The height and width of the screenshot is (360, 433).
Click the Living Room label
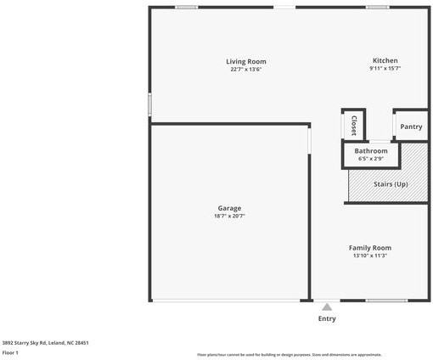click(x=246, y=61)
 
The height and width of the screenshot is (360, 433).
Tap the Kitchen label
click(x=385, y=60)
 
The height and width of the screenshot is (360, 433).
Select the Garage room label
click(x=229, y=208)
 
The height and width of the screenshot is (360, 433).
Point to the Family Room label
click(x=369, y=248)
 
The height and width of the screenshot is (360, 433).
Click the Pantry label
click(x=411, y=127)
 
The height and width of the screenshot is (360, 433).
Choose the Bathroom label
click(x=371, y=150)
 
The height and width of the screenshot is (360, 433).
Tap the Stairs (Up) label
click(x=391, y=184)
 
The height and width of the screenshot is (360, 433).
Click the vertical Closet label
click(x=353, y=126)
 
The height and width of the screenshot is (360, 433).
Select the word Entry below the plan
click(x=327, y=318)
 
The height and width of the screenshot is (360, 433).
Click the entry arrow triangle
click(x=327, y=307)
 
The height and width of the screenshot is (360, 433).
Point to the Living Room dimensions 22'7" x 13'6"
click(x=246, y=69)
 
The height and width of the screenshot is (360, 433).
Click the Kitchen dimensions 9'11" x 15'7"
click(x=385, y=69)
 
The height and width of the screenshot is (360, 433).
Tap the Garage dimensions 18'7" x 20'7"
click(x=229, y=217)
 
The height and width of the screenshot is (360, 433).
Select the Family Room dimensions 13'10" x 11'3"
click(x=369, y=256)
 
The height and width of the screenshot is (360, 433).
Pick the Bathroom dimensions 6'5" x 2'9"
click(x=371, y=158)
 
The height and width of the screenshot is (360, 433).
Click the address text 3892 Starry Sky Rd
click(x=45, y=343)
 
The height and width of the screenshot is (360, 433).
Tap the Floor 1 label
click(x=10, y=352)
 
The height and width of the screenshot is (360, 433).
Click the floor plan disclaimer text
click(x=289, y=355)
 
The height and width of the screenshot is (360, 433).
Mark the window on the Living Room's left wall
click(x=150, y=104)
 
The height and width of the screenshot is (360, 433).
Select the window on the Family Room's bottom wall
click(x=386, y=301)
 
